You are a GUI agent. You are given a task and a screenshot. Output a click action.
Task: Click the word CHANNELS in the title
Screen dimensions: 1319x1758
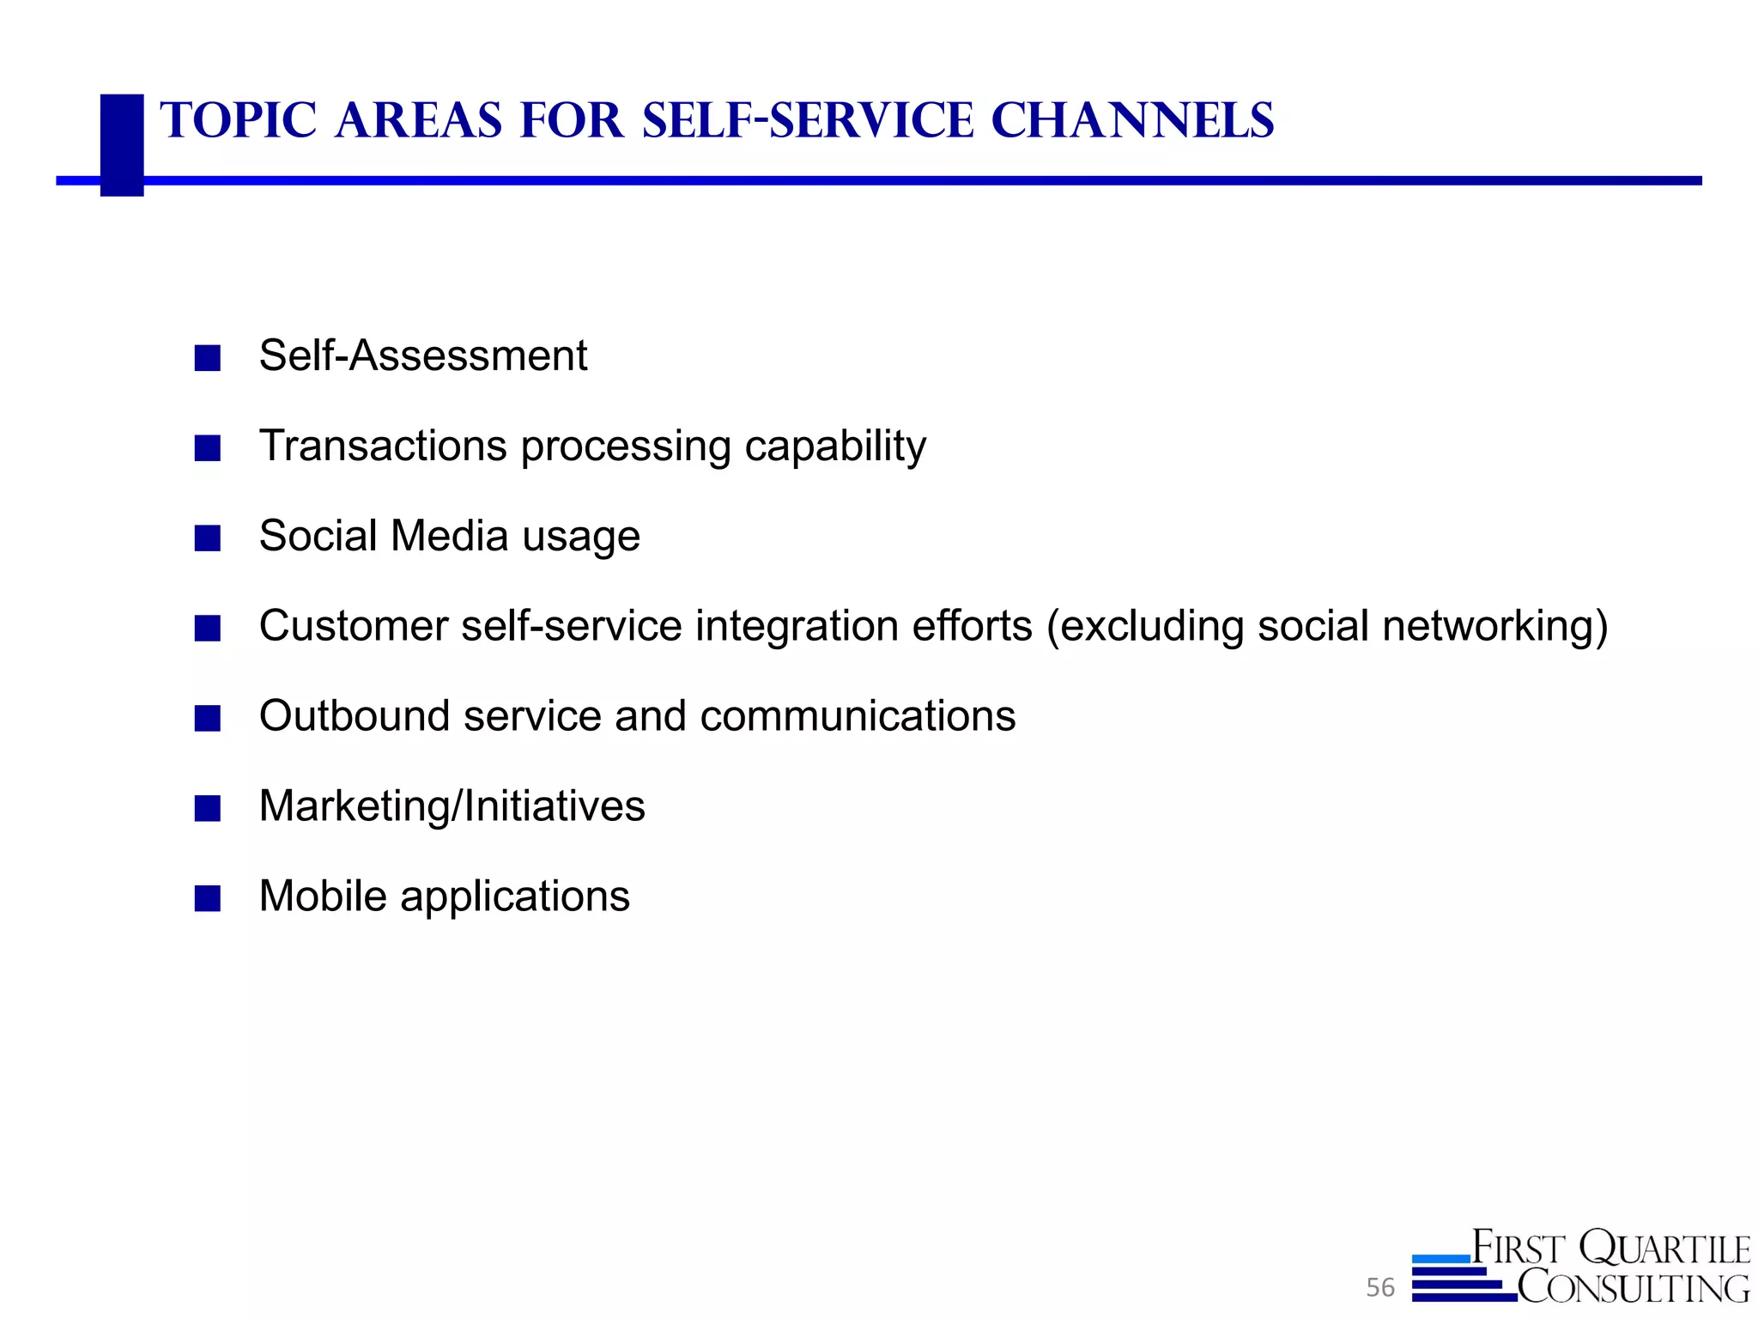click(1132, 120)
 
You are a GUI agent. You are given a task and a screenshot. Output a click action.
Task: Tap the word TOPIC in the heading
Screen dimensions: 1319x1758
click(239, 120)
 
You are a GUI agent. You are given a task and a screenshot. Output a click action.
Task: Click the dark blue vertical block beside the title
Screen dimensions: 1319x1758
click(122, 144)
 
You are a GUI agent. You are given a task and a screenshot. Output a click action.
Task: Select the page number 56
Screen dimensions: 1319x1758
click(1380, 1287)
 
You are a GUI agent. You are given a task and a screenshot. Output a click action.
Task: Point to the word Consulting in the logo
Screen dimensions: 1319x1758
click(1633, 1287)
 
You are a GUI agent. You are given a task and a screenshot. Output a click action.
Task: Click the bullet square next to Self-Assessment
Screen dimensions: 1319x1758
click(208, 358)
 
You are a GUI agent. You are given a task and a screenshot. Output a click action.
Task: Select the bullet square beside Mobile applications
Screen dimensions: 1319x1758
click(208, 898)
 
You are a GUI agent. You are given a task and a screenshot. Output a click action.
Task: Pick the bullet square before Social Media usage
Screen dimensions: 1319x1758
click(208, 538)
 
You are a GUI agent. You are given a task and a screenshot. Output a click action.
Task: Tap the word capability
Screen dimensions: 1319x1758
click(835, 447)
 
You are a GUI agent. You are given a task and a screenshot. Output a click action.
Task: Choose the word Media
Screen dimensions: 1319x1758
click(450, 536)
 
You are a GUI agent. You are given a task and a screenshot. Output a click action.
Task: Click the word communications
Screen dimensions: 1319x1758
click(858, 716)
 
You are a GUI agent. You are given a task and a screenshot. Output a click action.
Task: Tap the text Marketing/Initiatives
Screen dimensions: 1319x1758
click(452, 807)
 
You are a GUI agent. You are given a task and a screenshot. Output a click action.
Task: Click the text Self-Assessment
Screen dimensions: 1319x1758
click(423, 356)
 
